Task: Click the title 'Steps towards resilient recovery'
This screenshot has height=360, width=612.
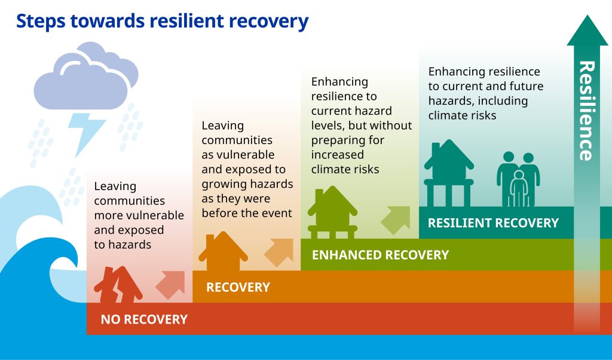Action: pos(162,21)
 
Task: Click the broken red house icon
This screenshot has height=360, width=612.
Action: pos(118,285)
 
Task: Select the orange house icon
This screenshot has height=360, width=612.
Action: pos(223,251)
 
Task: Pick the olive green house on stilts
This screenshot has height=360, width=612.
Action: pos(332,212)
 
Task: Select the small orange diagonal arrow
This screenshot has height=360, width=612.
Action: pos(279,252)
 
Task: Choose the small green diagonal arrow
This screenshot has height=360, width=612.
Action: pos(396,221)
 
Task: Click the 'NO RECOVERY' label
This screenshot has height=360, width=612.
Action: pos(144,319)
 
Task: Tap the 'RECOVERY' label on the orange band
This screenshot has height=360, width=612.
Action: pos(238,288)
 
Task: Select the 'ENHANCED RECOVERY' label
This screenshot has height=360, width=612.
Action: pos(380,255)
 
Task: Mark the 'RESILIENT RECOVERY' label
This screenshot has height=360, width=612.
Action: pos(493,223)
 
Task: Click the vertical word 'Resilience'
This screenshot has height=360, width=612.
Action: pos(587,111)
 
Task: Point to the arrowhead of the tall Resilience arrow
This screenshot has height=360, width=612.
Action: pos(587,30)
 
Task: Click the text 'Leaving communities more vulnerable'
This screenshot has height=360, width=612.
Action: pos(139,201)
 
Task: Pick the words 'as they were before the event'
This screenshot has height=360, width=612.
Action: pos(247,206)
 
